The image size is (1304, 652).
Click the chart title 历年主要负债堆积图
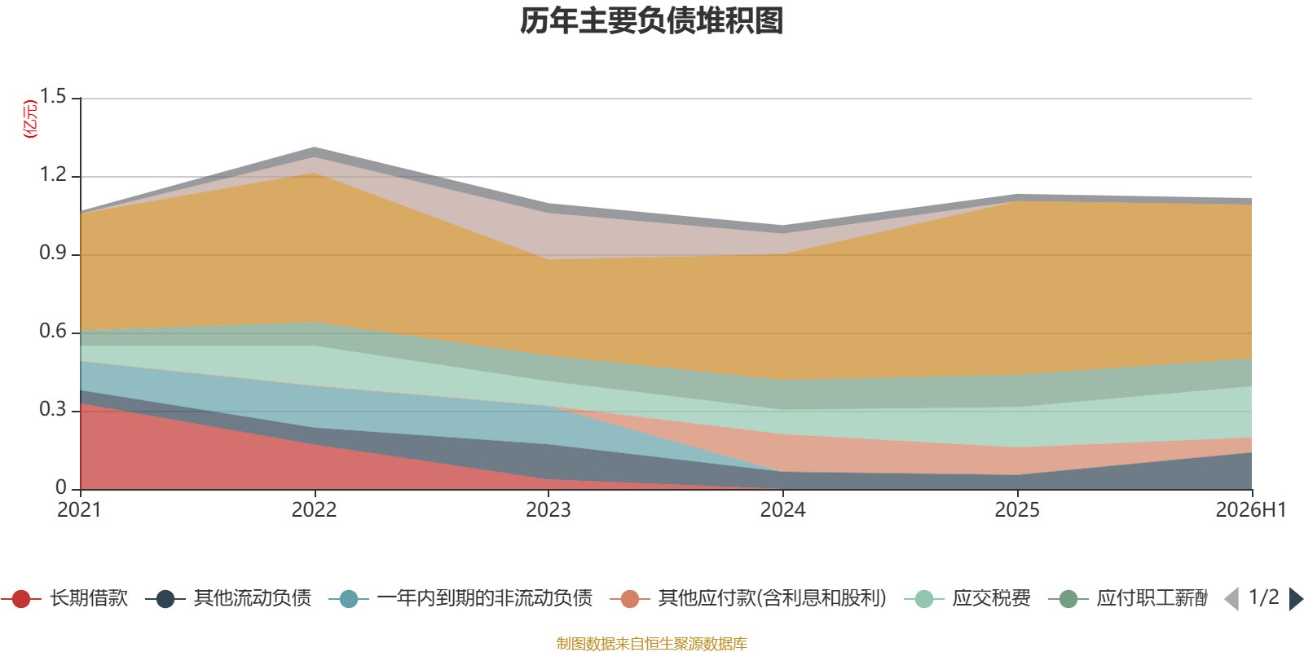651,21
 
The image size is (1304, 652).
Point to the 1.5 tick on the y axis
53,97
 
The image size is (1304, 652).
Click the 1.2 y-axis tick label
53,174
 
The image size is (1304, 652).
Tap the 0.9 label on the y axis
53,253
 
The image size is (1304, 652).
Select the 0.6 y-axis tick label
53,331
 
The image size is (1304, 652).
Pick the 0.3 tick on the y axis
53,410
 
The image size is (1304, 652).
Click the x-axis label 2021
80,510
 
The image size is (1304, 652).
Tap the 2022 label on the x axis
315,510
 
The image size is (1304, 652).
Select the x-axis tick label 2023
548,510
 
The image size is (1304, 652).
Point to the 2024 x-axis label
783,510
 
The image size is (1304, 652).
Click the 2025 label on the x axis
1017,510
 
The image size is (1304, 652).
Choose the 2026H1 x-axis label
1251,510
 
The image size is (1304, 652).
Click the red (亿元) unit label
29,119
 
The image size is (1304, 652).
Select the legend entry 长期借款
64,598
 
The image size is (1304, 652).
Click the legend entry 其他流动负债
228,598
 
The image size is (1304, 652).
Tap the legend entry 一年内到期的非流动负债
460,598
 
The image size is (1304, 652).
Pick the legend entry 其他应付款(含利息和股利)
749,598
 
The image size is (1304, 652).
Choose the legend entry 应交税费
967,598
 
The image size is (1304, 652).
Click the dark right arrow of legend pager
1296,598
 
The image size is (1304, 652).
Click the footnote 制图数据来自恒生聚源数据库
651,643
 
